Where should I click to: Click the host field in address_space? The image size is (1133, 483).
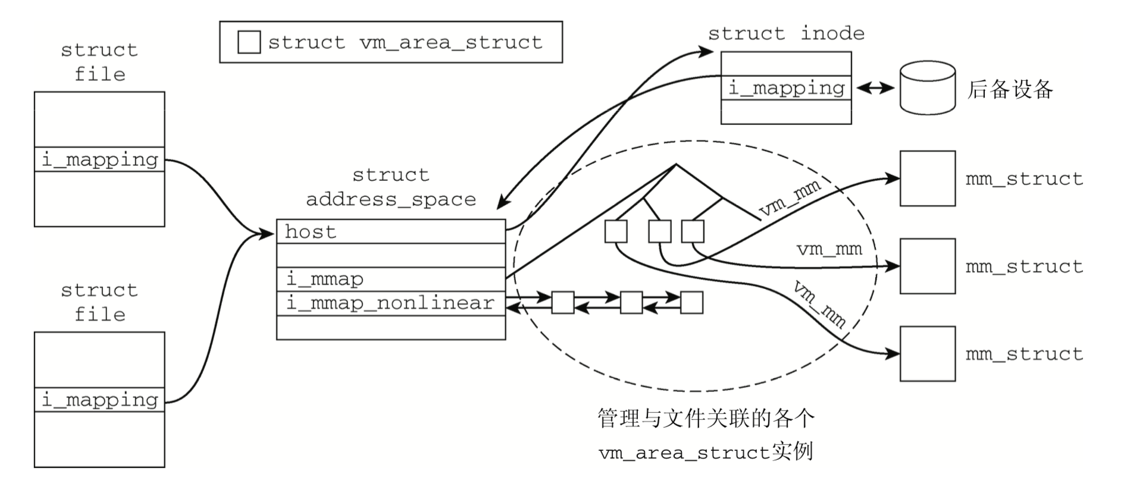(390, 231)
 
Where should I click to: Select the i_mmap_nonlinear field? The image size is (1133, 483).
(390, 303)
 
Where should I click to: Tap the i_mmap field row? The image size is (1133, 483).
(390, 279)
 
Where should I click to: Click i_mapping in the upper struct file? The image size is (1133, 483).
(99, 159)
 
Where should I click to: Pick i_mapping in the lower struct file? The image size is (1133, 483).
(99, 400)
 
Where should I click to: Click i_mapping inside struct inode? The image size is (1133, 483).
(786, 88)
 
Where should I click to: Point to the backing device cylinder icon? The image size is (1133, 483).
(927, 87)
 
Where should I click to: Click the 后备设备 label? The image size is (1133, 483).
(1010, 89)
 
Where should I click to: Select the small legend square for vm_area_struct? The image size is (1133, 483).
(249, 42)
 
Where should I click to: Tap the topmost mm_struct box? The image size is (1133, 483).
(927, 178)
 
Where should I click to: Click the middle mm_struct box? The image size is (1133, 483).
(927, 266)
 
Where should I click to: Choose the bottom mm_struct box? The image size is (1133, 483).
(927, 354)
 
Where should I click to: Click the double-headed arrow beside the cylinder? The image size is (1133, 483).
(875, 88)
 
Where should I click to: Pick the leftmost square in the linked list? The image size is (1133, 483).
(562, 303)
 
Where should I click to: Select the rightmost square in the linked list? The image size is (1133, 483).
(691, 303)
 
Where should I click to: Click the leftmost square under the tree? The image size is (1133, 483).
(616, 231)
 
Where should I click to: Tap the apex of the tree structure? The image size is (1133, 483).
(676, 165)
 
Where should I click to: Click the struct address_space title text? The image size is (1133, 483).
(390, 187)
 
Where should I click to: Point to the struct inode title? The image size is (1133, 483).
(786, 33)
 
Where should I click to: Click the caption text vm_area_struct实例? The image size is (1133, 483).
(706, 452)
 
